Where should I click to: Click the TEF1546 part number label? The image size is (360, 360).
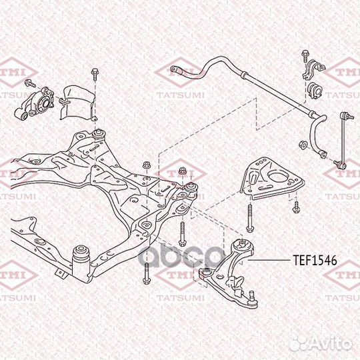(x=315, y=260)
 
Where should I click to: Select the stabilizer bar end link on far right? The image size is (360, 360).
(x=342, y=140)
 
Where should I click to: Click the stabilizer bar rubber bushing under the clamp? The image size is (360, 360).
(x=316, y=90)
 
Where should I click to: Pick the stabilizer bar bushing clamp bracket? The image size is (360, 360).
(x=313, y=69)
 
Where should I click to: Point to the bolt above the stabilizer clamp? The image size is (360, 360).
(x=305, y=56)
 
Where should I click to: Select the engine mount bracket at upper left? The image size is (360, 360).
(x=35, y=103)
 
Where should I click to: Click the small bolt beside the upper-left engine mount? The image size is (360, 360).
(x=30, y=83)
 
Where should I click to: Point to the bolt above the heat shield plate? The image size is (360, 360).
(x=95, y=74)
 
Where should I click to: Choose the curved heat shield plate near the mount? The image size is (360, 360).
(x=78, y=103)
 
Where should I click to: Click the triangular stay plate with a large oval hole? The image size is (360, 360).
(x=272, y=179)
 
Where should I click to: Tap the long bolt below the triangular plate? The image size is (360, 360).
(x=249, y=218)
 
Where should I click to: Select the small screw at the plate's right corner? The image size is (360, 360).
(x=296, y=207)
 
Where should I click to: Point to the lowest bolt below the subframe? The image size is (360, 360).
(x=146, y=274)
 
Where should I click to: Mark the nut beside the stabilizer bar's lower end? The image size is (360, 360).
(x=303, y=145)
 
